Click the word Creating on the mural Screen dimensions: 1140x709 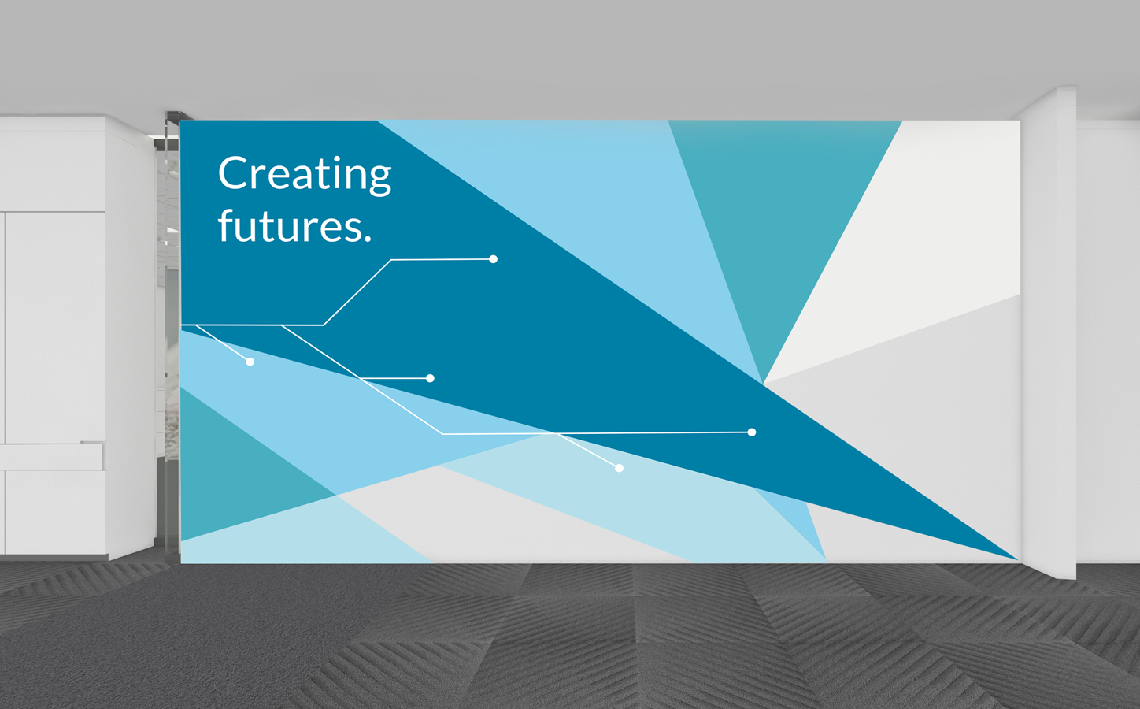pyautogui.click(x=305, y=175)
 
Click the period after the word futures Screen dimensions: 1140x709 pyautogui.click(x=368, y=239)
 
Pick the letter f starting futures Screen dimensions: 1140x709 pyautogui.click(x=226, y=225)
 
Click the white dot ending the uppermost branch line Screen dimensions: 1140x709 pyautogui.click(x=493, y=259)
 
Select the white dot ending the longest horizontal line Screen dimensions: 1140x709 pyautogui.click(x=752, y=432)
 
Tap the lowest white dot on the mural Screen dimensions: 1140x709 pyautogui.click(x=620, y=468)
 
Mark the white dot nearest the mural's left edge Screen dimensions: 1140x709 pyautogui.click(x=250, y=362)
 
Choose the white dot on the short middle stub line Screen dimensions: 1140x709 pyautogui.click(x=430, y=378)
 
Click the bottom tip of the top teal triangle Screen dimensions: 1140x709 pyautogui.click(x=762, y=382)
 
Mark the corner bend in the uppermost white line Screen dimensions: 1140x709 pyautogui.click(x=391, y=260)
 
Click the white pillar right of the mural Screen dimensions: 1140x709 pyautogui.click(x=1049, y=331)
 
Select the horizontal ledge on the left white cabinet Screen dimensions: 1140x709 pyautogui.click(x=53, y=456)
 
